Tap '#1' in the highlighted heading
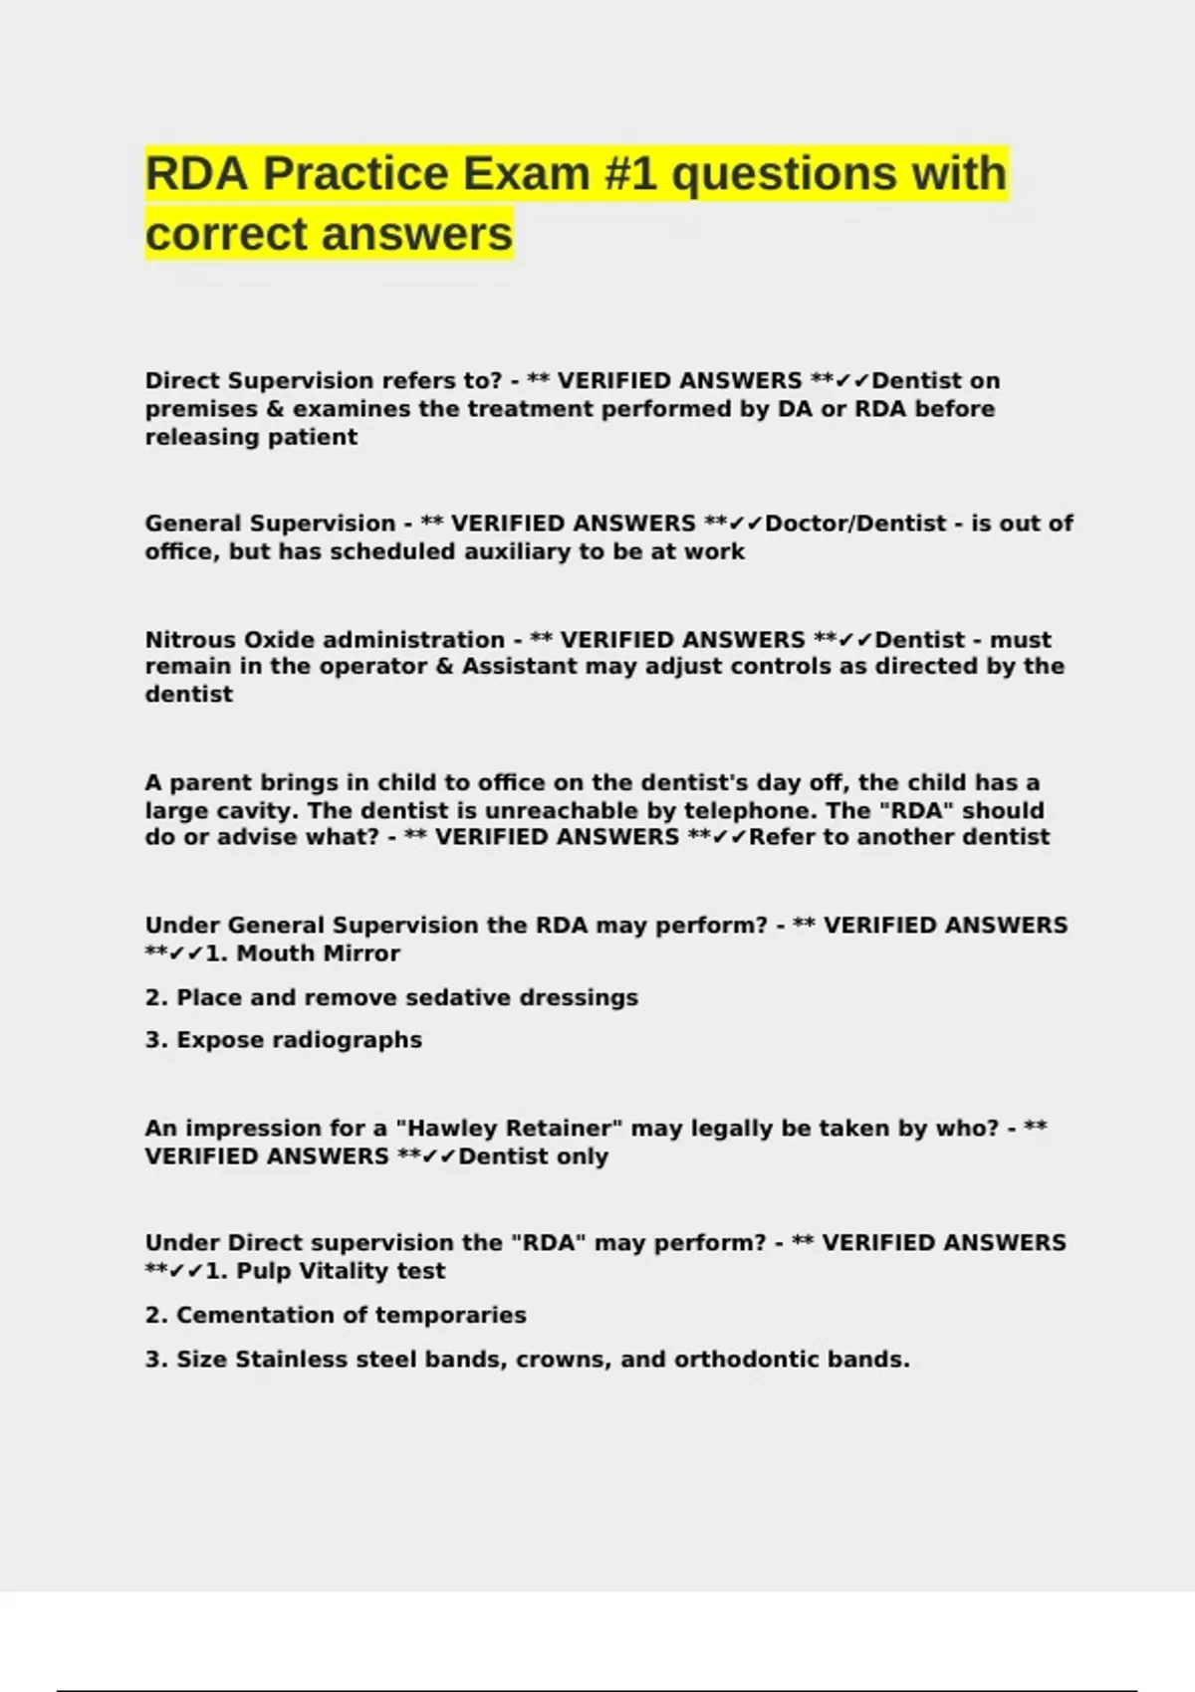[630, 174]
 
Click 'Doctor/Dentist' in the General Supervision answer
[855, 524]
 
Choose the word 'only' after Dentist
[583, 1157]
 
